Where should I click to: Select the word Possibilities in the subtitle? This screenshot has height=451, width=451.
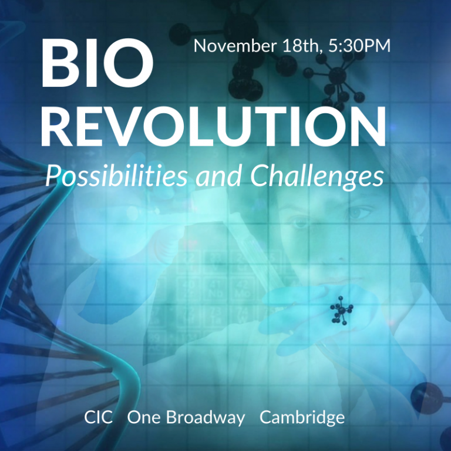117,175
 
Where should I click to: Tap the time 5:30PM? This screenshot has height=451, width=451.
359,46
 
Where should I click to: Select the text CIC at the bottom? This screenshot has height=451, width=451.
98,418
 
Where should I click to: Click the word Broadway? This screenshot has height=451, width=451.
205,418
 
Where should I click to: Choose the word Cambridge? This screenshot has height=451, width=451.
302,419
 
